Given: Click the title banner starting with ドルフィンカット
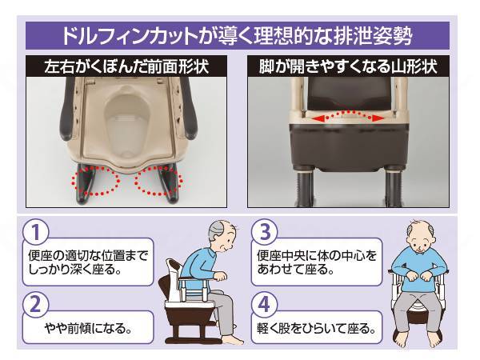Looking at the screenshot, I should tap(240, 36).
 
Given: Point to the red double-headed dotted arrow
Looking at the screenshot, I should tap(351, 118).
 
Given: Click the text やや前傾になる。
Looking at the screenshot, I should tap(88, 328).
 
